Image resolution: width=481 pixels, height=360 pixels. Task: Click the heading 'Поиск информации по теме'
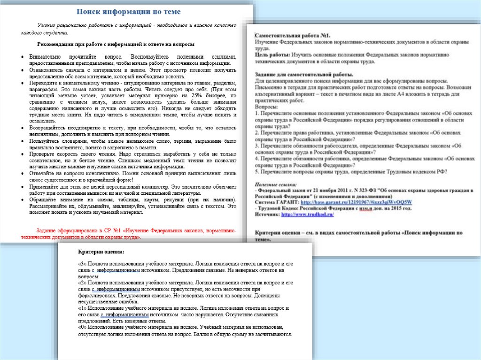pyautogui.click(x=128, y=11)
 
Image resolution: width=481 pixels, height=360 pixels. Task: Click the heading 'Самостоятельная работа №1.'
pyautogui.click(x=293, y=36)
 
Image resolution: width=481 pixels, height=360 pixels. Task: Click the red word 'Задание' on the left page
pyautogui.click(x=48, y=231)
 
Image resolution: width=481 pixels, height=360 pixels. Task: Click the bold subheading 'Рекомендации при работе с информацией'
pyautogui.click(x=115, y=44)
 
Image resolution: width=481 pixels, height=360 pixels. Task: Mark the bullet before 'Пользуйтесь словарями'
pyautogui.click(x=23, y=141)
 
